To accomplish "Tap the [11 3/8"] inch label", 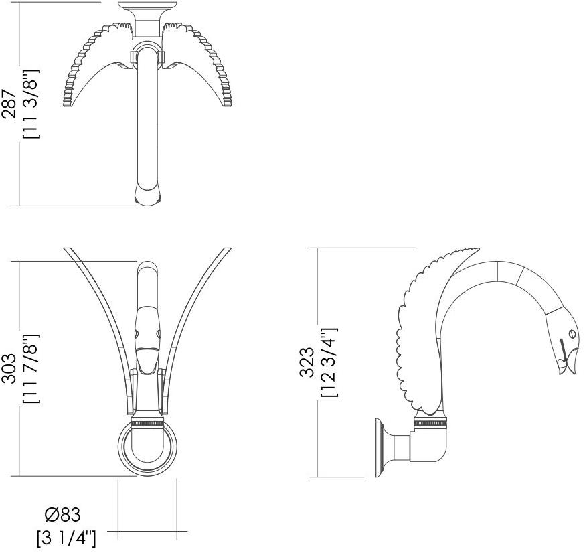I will [x=31, y=104].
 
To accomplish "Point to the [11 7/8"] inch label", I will [x=31, y=369].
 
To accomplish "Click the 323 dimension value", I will [x=307, y=362].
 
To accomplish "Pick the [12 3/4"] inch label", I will [x=329, y=362].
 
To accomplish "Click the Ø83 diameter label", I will [x=62, y=516].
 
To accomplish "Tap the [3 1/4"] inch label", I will [x=66, y=536].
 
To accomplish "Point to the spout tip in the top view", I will [x=147, y=195].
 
